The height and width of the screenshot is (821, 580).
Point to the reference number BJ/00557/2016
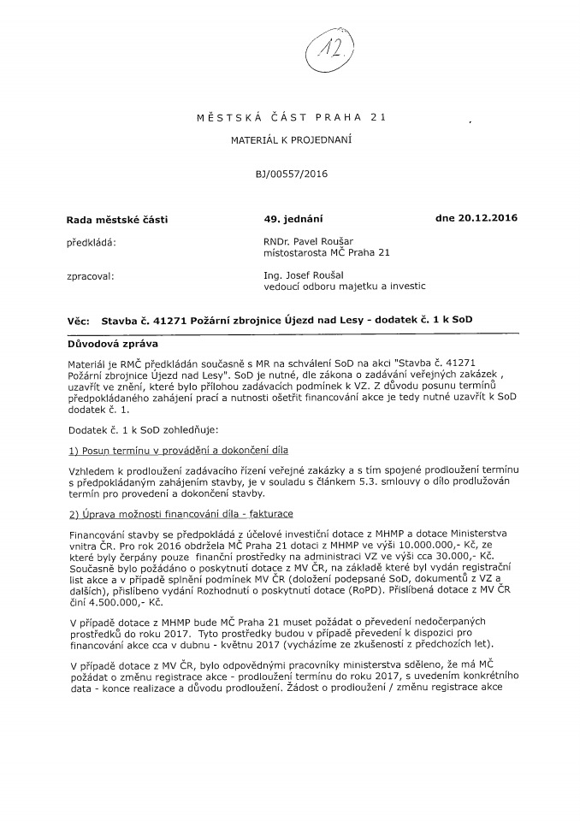291,174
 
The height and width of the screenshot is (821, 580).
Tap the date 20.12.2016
490,218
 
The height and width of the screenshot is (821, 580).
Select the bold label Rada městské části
117,220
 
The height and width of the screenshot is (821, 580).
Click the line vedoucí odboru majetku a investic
345,287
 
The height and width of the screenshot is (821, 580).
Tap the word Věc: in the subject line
78,320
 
